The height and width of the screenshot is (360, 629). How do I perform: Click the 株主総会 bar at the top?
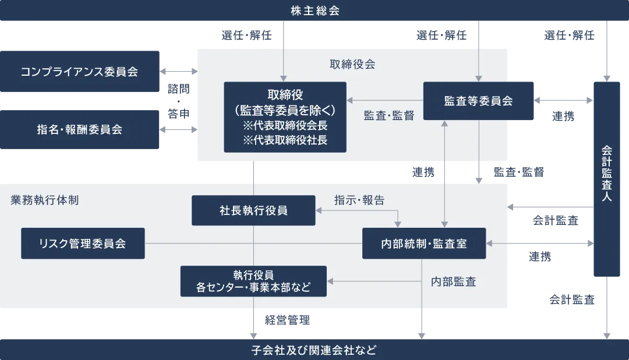(x=314, y=10)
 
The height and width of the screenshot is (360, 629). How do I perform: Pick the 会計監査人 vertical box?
(x=607, y=179)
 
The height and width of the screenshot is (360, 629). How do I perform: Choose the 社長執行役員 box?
(x=253, y=210)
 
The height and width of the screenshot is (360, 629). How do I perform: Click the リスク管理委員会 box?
(x=83, y=243)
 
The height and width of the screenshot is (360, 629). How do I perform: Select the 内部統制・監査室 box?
(x=424, y=243)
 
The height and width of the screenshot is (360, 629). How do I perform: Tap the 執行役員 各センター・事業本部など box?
(x=253, y=281)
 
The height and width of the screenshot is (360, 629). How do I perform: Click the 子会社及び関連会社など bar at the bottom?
(x=314, y=350)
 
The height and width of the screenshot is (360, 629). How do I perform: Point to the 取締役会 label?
(x=352, y=64)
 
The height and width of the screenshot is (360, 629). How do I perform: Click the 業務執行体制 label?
(x=45, y=200)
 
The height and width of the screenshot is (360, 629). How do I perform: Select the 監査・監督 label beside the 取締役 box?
(x=389, y=115)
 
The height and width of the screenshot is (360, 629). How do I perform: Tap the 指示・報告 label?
(x=359, y=200)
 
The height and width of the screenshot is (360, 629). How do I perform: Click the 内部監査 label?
(x=454, y=282)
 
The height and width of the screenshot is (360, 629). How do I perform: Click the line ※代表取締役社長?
(x=285, y=140)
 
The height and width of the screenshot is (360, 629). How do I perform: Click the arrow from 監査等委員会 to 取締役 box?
(x=384, y=101)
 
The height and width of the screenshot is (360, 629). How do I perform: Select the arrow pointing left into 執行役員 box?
(x=373, y=281)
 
